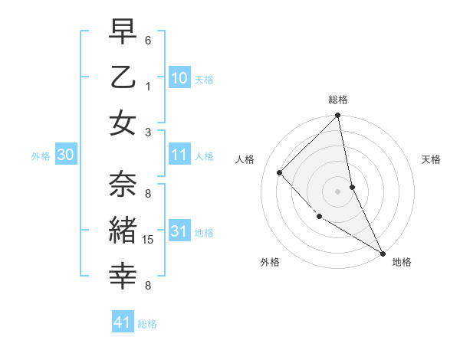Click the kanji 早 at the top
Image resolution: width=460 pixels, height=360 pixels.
tap(123, 33)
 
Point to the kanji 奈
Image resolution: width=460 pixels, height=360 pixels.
tap(123, 185)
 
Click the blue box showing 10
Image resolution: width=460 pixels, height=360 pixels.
tap(179, 78)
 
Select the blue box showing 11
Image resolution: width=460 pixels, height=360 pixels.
tap(179, 155)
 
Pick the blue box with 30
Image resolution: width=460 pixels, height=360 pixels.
tap(66, 155)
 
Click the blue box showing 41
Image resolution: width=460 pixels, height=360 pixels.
tap(123, 322)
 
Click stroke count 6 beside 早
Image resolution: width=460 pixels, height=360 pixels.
tap(148, 40)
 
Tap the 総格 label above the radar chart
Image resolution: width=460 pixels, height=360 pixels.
tap(338, 100)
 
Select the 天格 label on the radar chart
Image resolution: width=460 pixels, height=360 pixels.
tap(432, 159)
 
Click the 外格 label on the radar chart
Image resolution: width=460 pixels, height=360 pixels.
tap(270, 262)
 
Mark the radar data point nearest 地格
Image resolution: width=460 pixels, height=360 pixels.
tap(382, 253)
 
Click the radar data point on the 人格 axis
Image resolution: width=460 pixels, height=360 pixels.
tap(280, 172)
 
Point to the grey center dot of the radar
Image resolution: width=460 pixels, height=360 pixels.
tap(337, 191)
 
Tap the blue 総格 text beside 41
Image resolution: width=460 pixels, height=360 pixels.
tap(147, 324)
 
